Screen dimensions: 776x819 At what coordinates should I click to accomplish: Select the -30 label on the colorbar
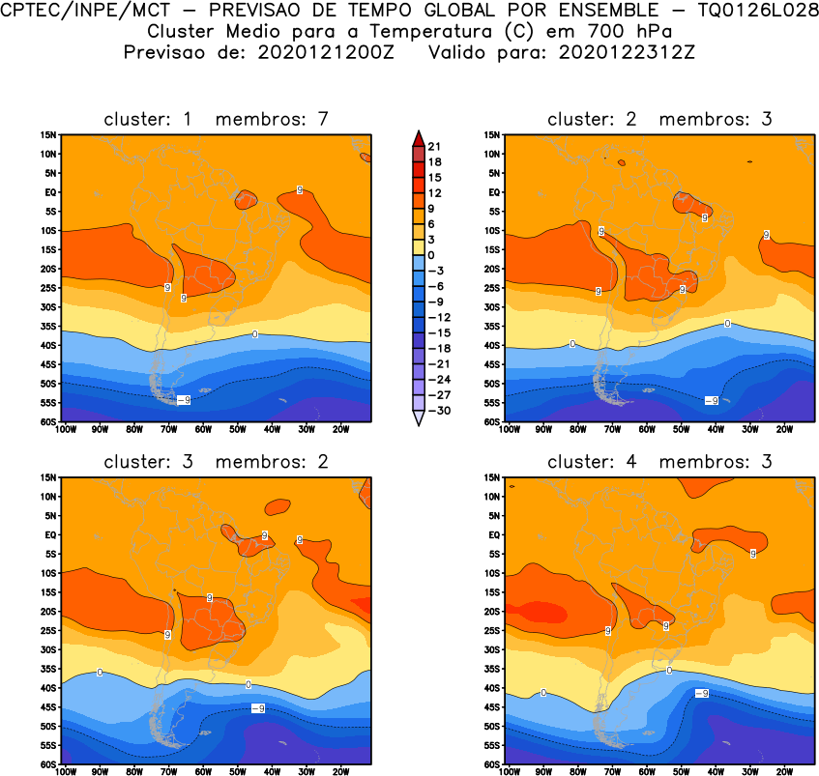pyautogui.click(x=437, y=410)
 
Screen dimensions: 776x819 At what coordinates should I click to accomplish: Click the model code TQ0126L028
pyautogui.click(x=758, y=10)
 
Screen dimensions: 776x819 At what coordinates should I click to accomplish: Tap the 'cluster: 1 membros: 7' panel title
pyautogui.click(x=217, y=119)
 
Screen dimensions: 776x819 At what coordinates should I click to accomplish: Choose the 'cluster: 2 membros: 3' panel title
pyautogui.click(x=659, y=119)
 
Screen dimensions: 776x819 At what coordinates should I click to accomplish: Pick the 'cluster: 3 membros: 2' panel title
pyautogui.click(x=217, y=461)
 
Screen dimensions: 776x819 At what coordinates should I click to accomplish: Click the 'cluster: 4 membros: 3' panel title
pyautogui.click(x=659, y=461)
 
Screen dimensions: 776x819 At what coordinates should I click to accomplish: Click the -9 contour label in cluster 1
pyautogui.click(x=183, y=399)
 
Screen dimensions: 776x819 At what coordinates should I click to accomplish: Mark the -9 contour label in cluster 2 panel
pyautogui.click(x=711, y=400)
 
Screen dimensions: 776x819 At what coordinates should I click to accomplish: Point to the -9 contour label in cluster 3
pyautogui.click(x=258, y=708)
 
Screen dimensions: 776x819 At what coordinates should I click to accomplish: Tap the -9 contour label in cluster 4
pyautogui.click(x=702, y=693)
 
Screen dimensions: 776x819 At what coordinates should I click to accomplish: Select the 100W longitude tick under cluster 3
pyautogui.click(x=65, y=771)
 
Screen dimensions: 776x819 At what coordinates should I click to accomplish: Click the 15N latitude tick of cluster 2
pyautogui.click(x=491, y=134)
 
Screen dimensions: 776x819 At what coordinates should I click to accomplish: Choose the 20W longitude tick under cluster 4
pyautogui.click(x=784, y=771)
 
